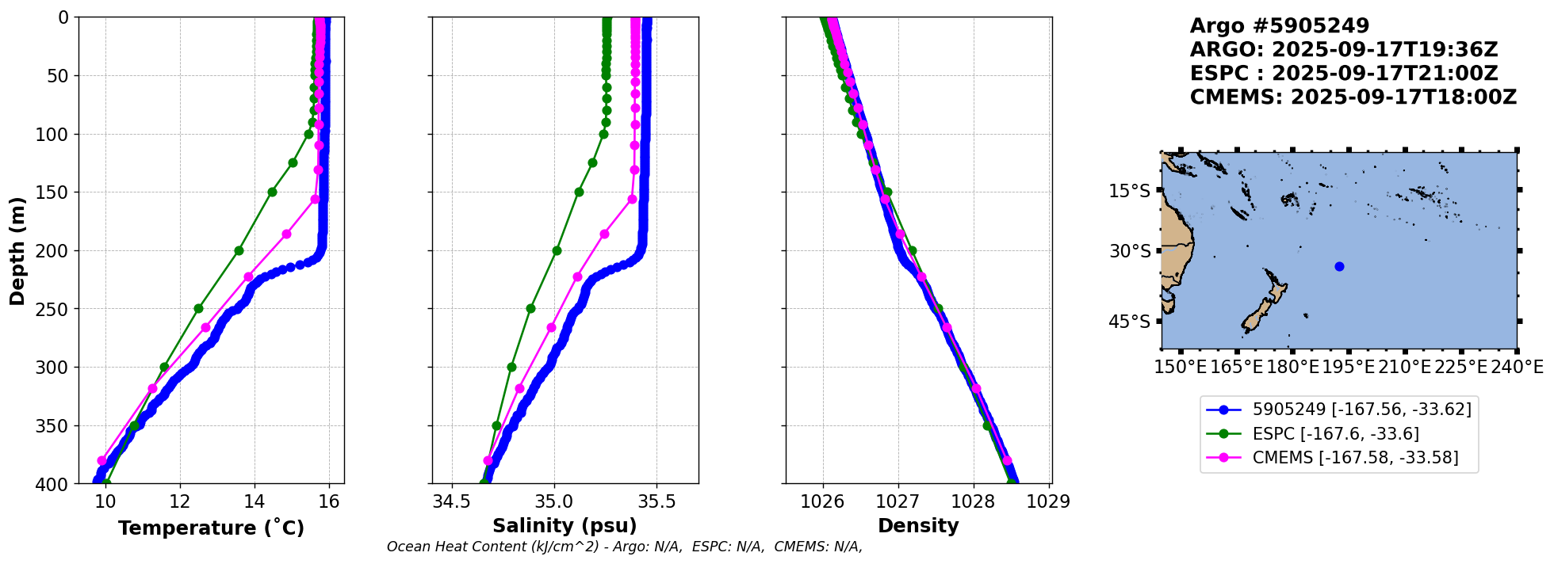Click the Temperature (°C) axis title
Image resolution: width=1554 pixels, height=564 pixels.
tap(211, 528)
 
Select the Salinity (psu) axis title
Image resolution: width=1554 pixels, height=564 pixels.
tap(565, 526)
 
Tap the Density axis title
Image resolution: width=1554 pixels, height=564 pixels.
tap(918, 526)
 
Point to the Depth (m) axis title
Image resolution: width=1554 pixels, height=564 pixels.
tap(17, 250)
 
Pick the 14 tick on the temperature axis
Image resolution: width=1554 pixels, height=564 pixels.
tap(255, 501)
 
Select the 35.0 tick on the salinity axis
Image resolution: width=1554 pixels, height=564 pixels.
tap(554, 501)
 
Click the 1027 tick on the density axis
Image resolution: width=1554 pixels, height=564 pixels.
tap(898, 501)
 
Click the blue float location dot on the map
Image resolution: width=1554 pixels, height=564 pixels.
tap(1339, 266)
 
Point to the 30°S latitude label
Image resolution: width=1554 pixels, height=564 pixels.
tap(1130, 251)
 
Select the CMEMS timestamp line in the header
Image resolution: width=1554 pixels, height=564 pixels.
tap(1353, 97)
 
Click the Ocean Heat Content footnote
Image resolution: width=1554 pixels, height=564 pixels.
tap(625, 547)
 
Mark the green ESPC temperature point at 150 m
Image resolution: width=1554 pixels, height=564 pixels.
tap(272, 192)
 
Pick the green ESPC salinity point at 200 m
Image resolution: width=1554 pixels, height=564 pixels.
tap(557, 250)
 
